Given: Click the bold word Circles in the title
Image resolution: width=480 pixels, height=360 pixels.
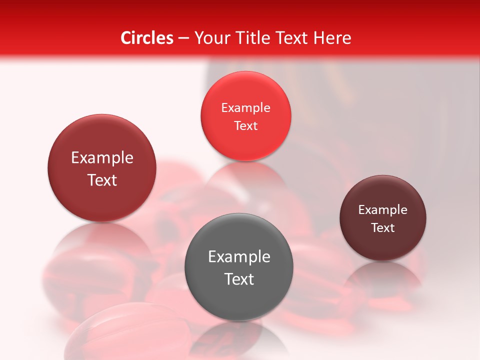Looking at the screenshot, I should point(146,38).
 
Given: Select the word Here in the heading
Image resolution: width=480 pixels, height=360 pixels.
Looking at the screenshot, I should point(332,38).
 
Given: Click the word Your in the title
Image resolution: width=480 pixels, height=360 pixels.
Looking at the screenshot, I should point(211,38).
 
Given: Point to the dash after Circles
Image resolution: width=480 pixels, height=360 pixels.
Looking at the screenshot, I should point(183,38).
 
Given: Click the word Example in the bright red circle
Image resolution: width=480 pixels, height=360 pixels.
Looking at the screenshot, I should point(245,108).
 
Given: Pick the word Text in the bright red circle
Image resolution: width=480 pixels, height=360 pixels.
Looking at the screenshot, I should point(245,126).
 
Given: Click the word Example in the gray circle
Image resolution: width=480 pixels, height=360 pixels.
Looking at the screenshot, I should point(239,257).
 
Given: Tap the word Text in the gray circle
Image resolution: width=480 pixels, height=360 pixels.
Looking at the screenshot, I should point(239,279).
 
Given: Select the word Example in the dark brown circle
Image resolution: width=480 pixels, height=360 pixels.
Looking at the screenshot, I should point(383,210).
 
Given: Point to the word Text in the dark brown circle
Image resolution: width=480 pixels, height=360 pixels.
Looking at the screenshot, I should point(383,228).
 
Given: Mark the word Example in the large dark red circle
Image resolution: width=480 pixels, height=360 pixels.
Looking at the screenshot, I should point(102,158).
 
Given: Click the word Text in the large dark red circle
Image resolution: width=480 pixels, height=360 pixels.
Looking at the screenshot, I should point(102,180).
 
